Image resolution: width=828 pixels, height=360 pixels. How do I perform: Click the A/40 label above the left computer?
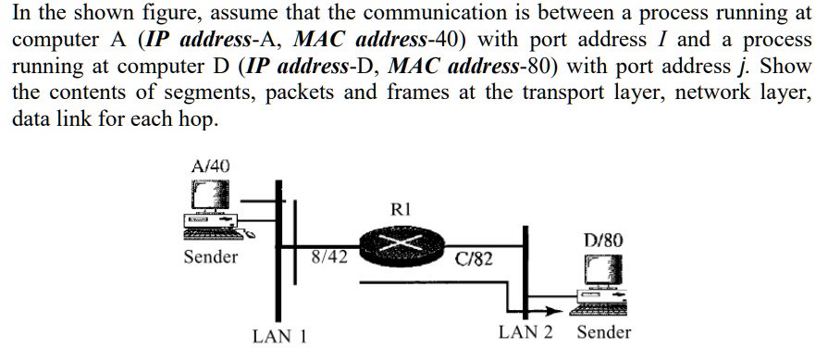tap(210, 166)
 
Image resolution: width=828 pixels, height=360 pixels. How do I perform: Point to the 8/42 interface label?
tap(329, 256)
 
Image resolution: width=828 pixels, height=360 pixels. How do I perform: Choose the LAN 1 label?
tap(279, 336)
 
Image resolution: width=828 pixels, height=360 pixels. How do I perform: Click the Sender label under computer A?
tap(210, 256)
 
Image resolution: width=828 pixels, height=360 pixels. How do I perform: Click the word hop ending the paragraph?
tap(201, 121)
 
